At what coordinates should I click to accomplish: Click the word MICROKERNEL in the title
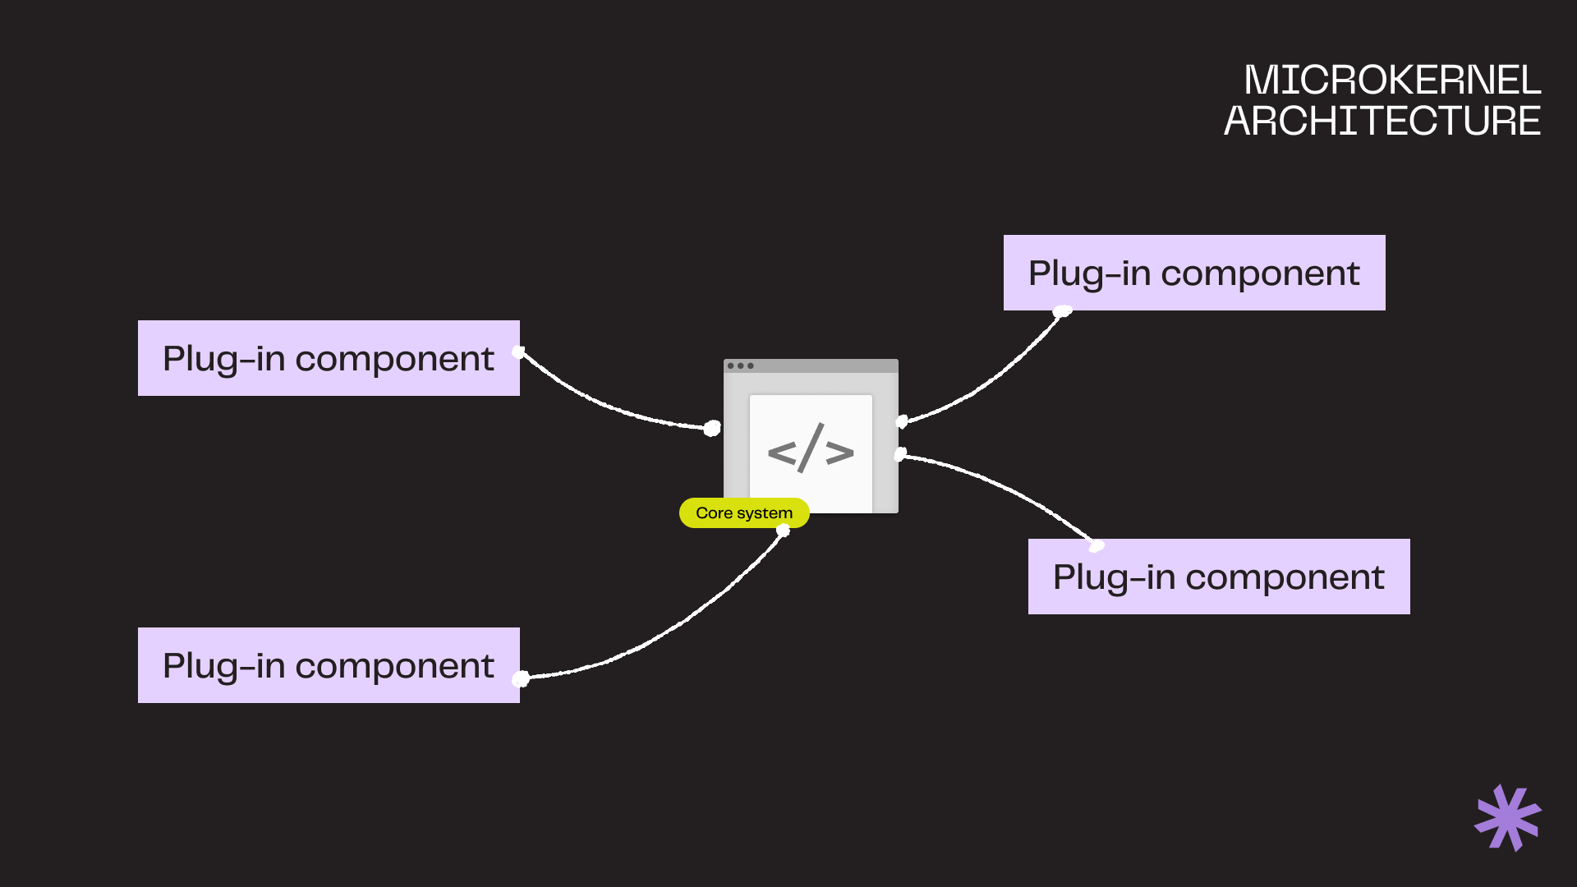coord(1391,80)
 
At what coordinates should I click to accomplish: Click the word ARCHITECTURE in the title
coord(1382,122)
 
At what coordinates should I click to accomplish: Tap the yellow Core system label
coord(744,513)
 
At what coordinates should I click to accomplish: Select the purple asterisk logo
coord(1507,818)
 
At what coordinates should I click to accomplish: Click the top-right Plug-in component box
coord(1194,273)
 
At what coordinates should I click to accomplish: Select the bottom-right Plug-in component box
coord(1219,577)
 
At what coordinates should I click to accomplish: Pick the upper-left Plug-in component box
coord(329,358)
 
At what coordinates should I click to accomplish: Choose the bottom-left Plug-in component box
coord(329,665)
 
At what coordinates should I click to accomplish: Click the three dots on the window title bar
coord(740,366)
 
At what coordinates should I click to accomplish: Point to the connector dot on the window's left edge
coord(712,428)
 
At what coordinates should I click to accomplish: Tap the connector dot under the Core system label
coord(783,531)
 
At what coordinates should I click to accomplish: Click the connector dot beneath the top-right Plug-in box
coord(1062,311)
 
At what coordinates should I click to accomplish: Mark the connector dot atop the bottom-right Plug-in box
coord(1097,546)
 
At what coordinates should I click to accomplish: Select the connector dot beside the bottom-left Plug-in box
coord(521,678)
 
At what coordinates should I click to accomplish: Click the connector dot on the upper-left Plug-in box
coord(518,352)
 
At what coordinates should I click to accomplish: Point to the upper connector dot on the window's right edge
coord(901,421)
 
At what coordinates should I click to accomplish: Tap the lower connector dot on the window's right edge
coord(900,453)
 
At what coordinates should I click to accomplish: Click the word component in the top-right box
coord(1260,273)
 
